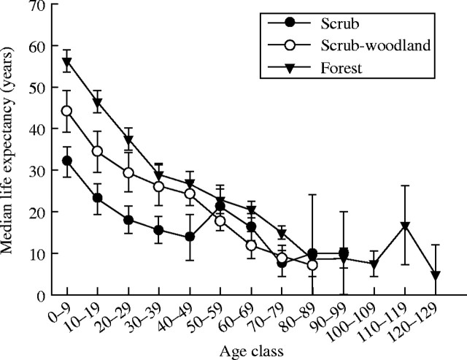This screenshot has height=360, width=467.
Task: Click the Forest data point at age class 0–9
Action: [x=67, y=62]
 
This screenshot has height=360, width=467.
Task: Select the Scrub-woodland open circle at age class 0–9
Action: [x=67, y=111]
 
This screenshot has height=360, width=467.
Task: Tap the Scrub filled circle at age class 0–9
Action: [x=67, y=161]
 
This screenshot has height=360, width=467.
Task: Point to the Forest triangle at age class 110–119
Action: [x=404, y=226]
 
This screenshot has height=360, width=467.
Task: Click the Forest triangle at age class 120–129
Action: [x=435, y=275]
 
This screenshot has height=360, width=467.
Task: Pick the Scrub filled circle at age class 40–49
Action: [x=190, y=237]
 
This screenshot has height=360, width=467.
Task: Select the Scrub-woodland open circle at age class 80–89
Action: [x=312, y=265]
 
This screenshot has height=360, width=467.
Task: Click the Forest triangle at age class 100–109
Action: [x=374, y=264]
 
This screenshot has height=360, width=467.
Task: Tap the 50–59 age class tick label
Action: [x=212, y=315]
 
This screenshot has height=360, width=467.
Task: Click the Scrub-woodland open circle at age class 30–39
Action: [x=159, y=186]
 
